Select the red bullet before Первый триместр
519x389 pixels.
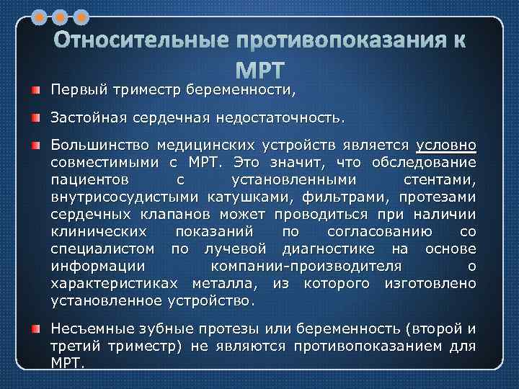click(x=35, y=90)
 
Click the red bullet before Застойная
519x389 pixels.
click(x=35, y=115)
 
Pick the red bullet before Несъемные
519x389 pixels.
click(x=35, y=329)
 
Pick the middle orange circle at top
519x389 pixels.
click(x=61, y=15)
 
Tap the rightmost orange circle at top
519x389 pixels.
click(x=81, y=15)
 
